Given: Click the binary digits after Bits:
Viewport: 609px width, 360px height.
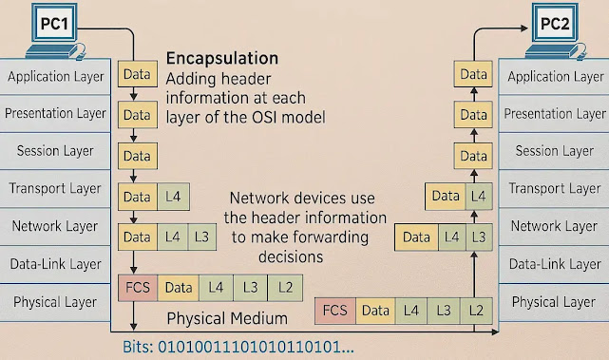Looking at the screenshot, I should tap(256, 348).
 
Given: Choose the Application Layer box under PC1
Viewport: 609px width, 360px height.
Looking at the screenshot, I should tap(55, 76).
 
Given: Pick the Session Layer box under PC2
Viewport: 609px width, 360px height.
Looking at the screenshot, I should tap(553, 151).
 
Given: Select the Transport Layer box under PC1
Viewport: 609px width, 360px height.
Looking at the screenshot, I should tap(55, 188).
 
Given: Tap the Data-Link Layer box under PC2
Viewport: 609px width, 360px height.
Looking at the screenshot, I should tap(553, 264).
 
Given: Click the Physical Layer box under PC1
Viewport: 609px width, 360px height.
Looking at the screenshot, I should tap(55, 302).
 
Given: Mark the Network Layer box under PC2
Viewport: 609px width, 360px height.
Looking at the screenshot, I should tap(553, 226).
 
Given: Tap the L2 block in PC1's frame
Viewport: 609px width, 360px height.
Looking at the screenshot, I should tap(284, 286).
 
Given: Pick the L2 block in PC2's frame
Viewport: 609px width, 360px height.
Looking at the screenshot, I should tap(478, 310).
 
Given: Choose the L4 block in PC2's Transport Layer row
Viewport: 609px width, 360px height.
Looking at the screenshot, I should tap(478, 197).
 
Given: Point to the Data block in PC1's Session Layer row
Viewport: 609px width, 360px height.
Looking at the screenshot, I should tap(137, 156).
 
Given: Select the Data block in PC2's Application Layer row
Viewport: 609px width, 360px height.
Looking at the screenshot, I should tap(472, 74).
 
